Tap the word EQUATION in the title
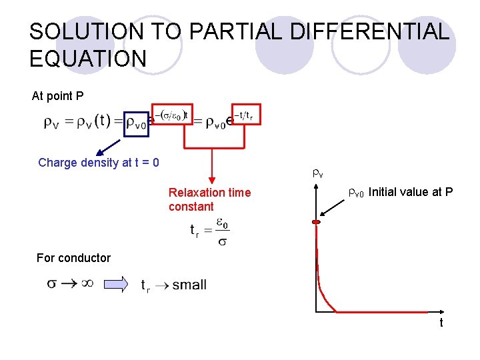tap(87, 59)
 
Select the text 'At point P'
tap(58, 96)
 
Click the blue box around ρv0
tap(135, 123)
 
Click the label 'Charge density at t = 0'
tap(99, 163)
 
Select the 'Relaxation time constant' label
tap(209, 199)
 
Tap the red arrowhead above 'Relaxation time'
tap(211, 178)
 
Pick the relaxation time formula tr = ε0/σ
tap(209, 231)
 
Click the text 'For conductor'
tap(73, 258)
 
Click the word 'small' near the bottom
tap(189, 285)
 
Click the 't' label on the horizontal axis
tap(441, 323)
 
